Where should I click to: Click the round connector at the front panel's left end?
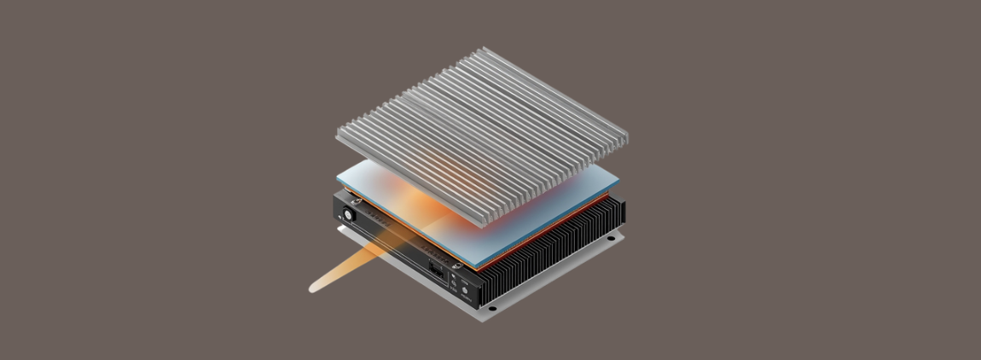pyautogui.click(x=348, y=213)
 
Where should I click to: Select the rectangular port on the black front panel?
pyautogui.click(x=437, y=270)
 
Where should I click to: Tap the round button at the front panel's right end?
pyautogui.click(x=466, y=291)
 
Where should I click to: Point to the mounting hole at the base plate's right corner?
pyautogui.click(x=611, y=240)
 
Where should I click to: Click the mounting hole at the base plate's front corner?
pyautogui.click(x=491, y=307)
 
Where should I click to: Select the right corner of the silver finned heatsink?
pyautogui.click(x=627, y=136)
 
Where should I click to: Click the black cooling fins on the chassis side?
pyautogui.click(x=554, y=256)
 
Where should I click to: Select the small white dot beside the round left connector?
pyautogui.click(x=340, y=217)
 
